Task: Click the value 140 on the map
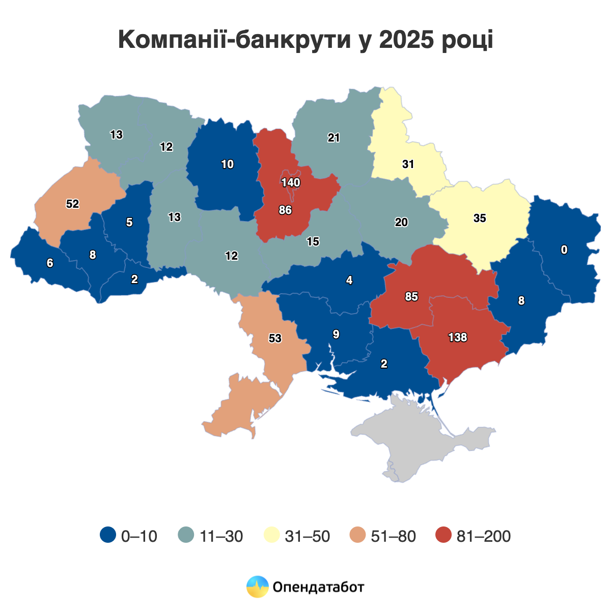coord(291,183)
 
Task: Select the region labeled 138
coord(457,337)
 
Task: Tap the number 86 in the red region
coord(285,210)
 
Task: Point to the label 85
coord(411,296)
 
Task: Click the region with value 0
coord(564,249)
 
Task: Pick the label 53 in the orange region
coord(275,338)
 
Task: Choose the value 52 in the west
coord(73,204)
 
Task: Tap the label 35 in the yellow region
coord(480,218)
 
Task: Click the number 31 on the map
coord(408,164)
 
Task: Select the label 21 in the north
coord(334,138)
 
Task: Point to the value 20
coord(401,223)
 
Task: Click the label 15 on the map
coord(313,242)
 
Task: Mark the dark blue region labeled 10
coord(227,164)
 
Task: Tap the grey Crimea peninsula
coord(423,438)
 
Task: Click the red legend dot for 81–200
coord(444,535)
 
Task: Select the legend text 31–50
coord(307,536)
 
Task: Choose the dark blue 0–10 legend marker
coord(107,535)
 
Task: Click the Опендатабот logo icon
coord(257,587)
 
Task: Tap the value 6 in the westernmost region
coord(49,263)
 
